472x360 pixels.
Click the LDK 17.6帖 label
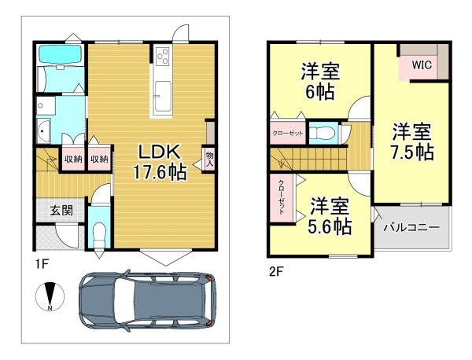pos(160,162)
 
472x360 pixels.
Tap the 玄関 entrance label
pos(61,211)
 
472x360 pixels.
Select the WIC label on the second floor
pos(422,64)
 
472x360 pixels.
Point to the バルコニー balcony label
pos(411,227)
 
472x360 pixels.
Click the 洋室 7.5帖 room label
pos(412,142)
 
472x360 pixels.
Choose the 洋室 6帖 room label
pos(320,81)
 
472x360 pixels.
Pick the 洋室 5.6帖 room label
pos(330,215)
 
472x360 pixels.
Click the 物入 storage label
pos(209,160)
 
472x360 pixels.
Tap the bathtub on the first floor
pos(61,54)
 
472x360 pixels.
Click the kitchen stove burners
pos(163,57)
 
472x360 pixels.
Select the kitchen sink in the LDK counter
pos(163,96)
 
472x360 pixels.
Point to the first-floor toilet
pos(99,236)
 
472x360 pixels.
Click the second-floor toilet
pos(322,133)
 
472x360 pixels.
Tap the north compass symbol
pos(50,296)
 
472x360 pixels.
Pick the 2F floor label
pos(276,272)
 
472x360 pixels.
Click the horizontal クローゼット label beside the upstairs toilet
pos(287,133)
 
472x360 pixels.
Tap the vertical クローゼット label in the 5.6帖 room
pos(281,197)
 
